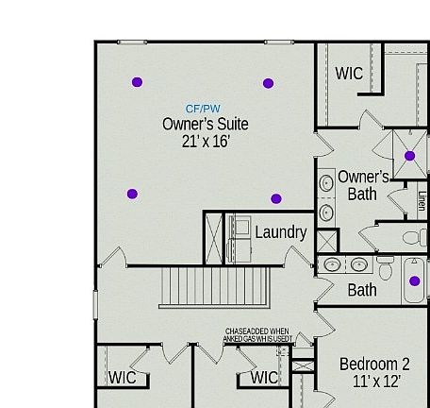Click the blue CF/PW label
coord(203,110)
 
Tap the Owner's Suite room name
coord(206,124)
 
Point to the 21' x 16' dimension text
coord(206,142)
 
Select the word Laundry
coord(280,232)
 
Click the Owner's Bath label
coord(363,185)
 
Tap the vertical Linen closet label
coord(422,200)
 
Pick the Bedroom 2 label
coord(374,365)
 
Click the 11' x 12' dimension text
coord(376,382)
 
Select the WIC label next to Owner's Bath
coord(349,74)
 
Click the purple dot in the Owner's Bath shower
coord(409,157)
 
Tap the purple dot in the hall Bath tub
coord(414,280)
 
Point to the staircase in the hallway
coord(217,286)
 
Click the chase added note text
coord(256,334)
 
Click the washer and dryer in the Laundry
coord(239,237)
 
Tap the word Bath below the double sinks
coord(362,291)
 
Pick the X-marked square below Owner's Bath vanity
coord(326,240)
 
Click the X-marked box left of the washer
coord(214,237)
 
